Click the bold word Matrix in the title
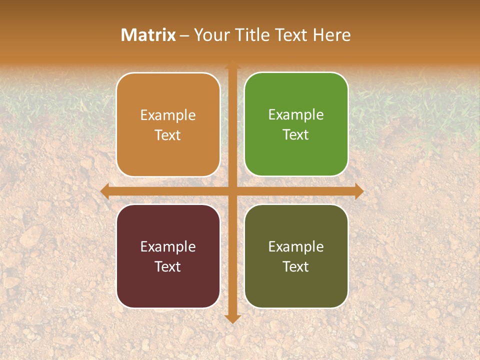click(x=148, y=35)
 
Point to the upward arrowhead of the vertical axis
click(x=232, y=64)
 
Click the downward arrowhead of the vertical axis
click(x=232, y=318)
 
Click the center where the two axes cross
click(x=232, y=191)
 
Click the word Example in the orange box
click(x=168, y=115)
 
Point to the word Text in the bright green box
click(x=296, y=135)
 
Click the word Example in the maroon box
click(x=168, y=247)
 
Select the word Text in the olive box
click(x=296, y=267)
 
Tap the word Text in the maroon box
click(x=168, y=267)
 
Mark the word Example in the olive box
click(x=296, y=247)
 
